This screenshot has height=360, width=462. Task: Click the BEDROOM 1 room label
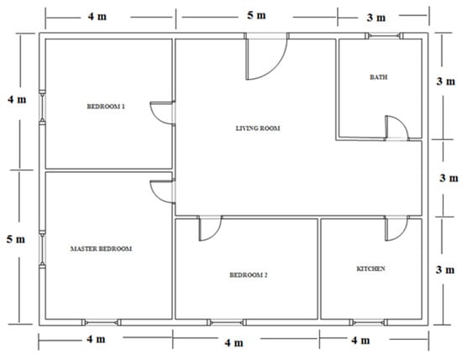tap(106, 107)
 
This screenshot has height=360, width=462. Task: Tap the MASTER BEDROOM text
tap(101, 248)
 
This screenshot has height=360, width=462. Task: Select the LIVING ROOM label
tap(258, 128)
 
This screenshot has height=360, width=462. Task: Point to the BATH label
tap(379, 77)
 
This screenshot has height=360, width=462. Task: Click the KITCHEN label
tap(370, 269)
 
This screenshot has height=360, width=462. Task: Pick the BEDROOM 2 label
tap(249, 275)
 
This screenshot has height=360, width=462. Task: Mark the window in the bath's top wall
tap(384, 36)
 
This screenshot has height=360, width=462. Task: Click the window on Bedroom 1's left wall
tap(43, 107)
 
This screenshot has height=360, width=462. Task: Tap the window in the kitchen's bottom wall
tap(368, 322)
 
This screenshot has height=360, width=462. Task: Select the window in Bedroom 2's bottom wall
tap(226, 322)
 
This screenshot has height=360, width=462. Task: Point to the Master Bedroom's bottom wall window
tap(101, 322)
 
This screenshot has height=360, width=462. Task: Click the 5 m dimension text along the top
tap(256, 15)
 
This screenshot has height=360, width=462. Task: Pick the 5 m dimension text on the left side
tap(16, 239)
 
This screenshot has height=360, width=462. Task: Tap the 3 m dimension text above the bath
tap(376, 18)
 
